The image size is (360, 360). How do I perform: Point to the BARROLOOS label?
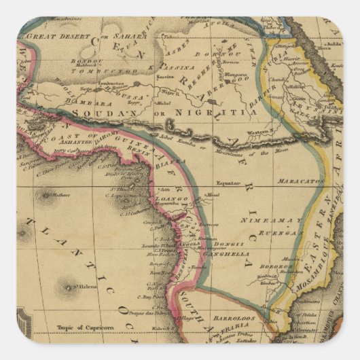[x=231, y=317]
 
